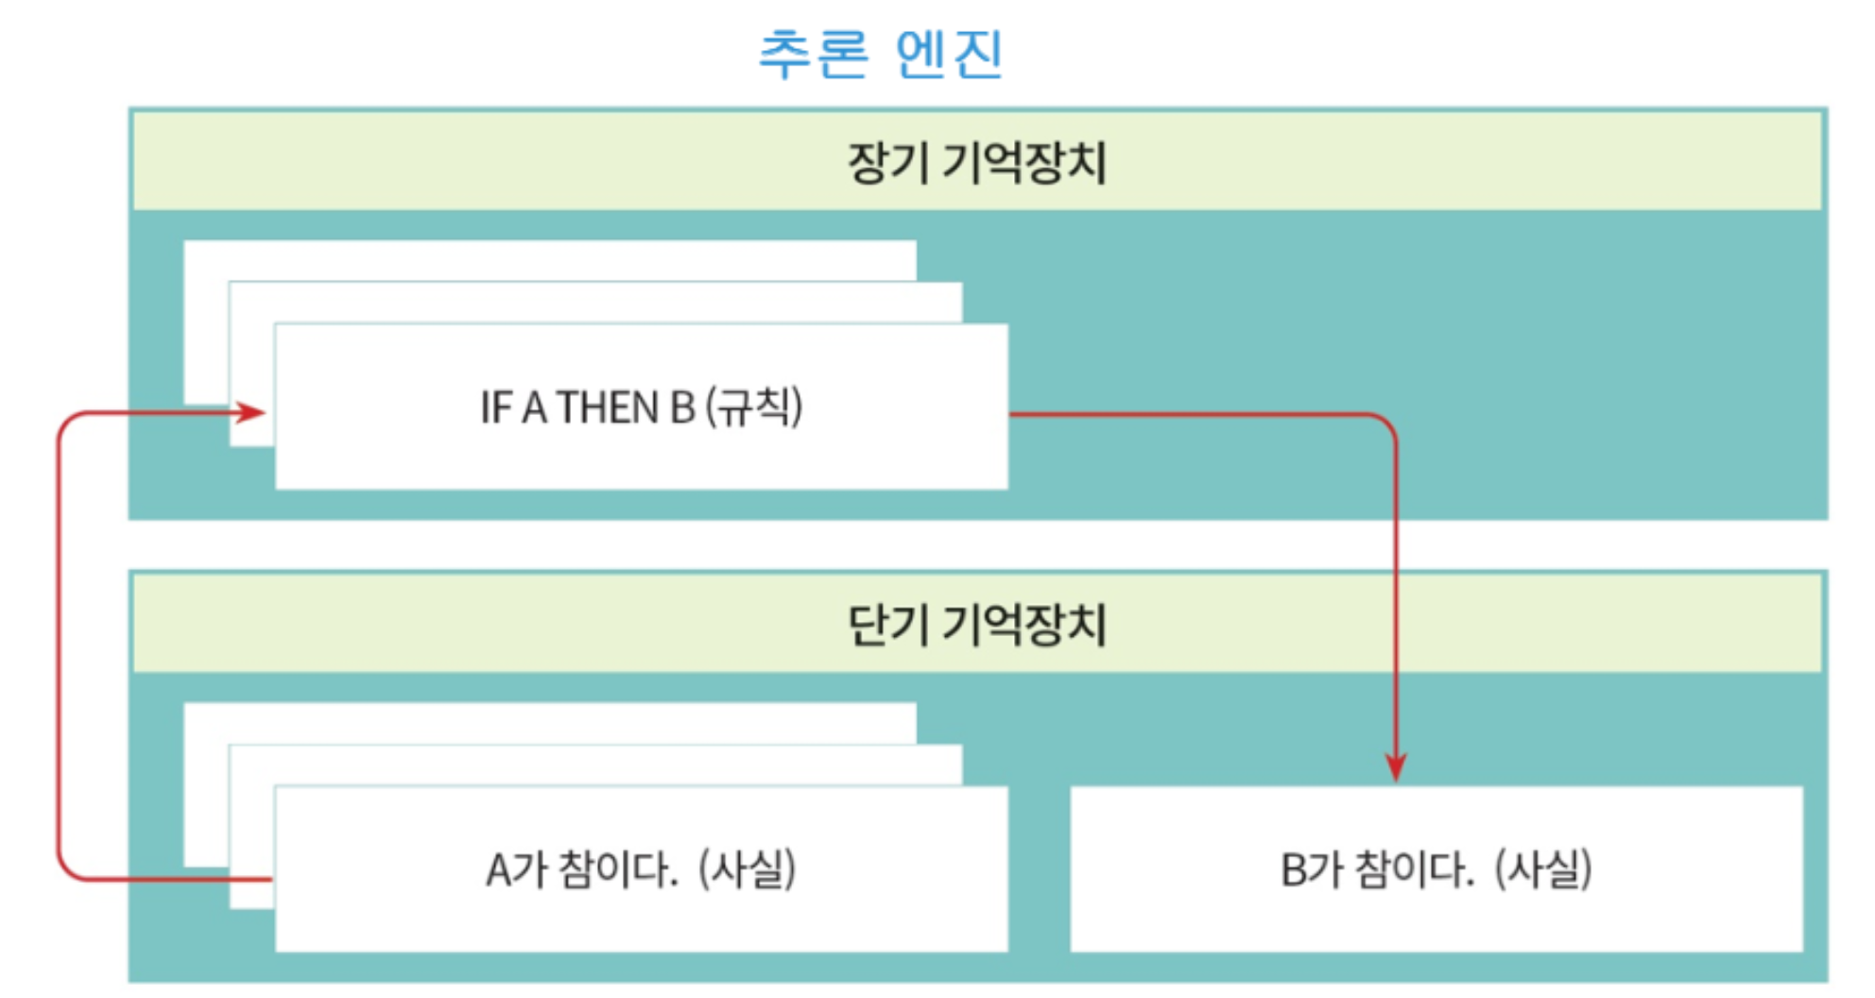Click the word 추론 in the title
coord(814,53)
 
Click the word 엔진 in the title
coord(949,53)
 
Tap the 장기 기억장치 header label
coord(976,163)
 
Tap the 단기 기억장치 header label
coord(976,626)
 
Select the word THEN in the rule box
coord(608,408)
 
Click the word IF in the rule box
coord(495,408)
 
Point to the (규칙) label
coord(754,407)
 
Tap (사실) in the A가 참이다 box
coord(747,869)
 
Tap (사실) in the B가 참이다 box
coord(1543,869)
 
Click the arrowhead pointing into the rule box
coord(252,412)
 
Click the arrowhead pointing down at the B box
coord(1396,766)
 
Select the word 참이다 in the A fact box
coord(618,869)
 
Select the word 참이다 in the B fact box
coord(1414,869)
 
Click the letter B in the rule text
coord(682,408)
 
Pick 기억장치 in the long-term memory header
coord(1024,163)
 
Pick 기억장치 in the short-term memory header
coord(1024,626)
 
